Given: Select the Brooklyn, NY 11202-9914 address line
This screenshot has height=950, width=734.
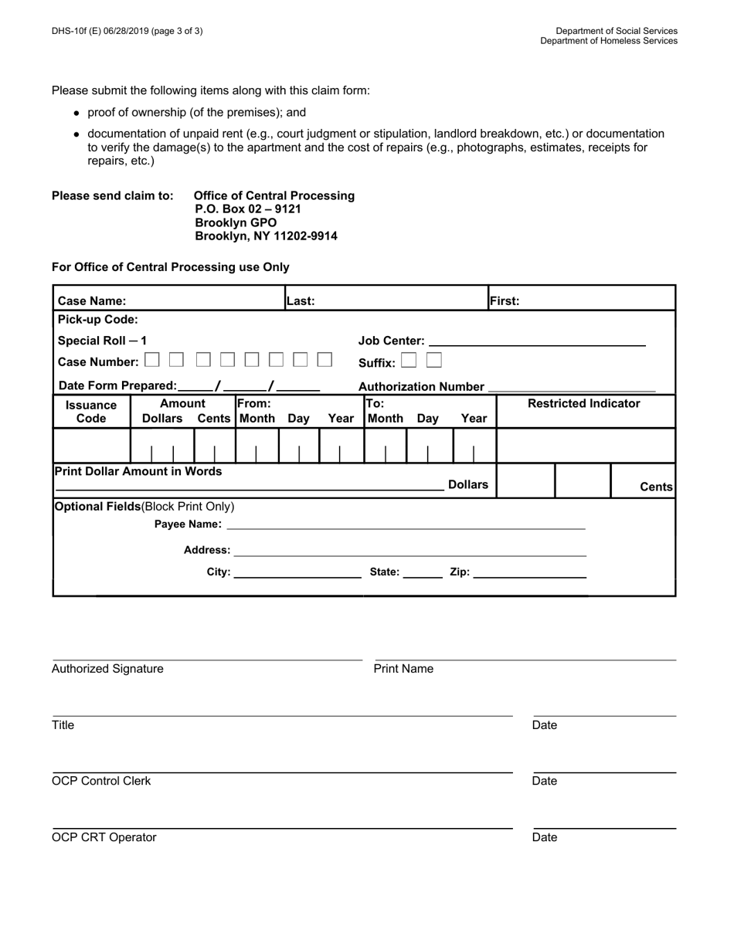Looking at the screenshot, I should [266, 236].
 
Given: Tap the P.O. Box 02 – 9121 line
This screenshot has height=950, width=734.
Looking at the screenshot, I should [247, 209].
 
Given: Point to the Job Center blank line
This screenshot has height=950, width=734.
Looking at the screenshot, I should [536, 341].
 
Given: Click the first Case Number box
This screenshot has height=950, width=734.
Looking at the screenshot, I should [152, 360].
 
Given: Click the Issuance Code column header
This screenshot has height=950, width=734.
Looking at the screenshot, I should [91, 412].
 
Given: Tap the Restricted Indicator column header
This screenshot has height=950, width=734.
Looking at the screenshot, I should [583, 403].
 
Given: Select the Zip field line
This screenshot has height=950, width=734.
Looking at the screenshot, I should [529, 573].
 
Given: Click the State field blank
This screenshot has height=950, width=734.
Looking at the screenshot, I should [423, 573].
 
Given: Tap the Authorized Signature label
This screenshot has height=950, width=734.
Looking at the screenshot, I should [107, 669].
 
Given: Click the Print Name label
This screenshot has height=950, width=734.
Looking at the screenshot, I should [403, 669].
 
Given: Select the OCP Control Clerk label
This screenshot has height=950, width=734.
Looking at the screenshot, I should [101, 781].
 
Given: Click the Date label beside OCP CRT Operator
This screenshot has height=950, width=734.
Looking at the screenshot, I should [545, 837].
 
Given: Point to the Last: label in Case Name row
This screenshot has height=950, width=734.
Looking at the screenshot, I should [301, 301].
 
